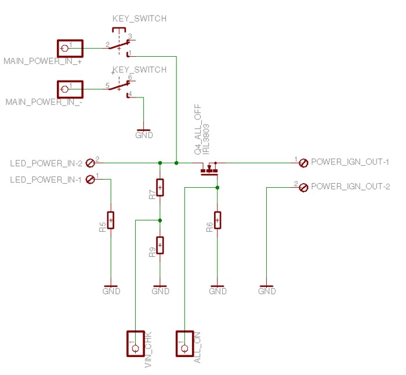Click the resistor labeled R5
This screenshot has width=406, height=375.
pos(110,220)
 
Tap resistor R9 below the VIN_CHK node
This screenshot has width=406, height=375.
pos(160,245)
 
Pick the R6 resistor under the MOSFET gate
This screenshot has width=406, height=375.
pos(217,220)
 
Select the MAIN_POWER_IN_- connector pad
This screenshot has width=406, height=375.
pos(70,89)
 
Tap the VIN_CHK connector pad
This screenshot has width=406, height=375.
pos(135,343)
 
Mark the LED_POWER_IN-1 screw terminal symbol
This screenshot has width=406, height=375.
pos(90,180)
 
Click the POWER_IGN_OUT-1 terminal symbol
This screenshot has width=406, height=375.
pos(303,163)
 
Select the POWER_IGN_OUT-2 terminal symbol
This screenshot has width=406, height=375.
pos(303,187)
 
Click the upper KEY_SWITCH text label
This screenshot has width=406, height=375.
pos(139,19)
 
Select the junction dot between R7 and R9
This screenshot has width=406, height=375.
pos(160,220)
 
